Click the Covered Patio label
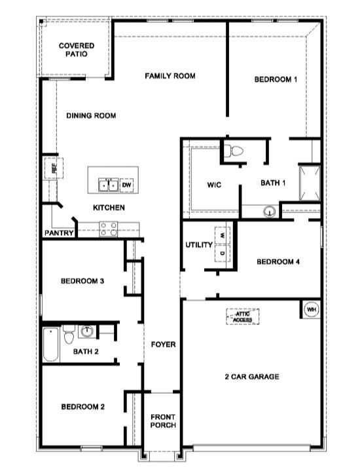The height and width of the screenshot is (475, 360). [x=77, y=50]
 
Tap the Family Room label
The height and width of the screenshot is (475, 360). [x=170, y=76]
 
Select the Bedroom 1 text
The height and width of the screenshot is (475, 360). [x=276, y=79]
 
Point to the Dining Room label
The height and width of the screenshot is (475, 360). [x=91, y=116]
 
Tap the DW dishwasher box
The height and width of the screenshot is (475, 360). [x=126, y=185]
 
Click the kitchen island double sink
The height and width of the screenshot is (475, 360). [x=108, y=185]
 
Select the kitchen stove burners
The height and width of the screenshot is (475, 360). [x=108, y=228]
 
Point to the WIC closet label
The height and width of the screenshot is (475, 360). [x=214, y=185]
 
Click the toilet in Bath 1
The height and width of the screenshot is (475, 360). [x=233, y=151]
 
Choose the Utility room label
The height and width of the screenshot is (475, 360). [x=199, y=245]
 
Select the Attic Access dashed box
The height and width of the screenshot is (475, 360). [x=243, y=317]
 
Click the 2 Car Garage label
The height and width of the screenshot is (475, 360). [x=252, y=377]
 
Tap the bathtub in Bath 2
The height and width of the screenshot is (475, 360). [x=52, y=345]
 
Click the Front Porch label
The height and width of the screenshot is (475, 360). [x=162, y=421]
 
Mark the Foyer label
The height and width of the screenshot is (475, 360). [x=163, y=345]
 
